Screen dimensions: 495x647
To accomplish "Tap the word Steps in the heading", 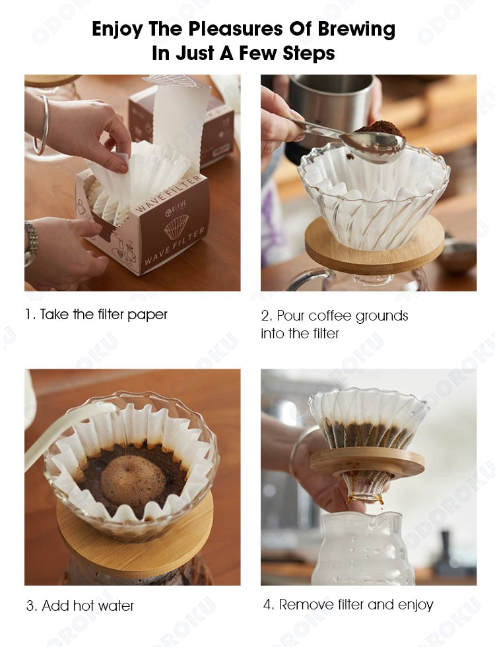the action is (x=309, y=53).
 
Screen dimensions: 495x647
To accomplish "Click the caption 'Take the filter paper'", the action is (x=104, y=315).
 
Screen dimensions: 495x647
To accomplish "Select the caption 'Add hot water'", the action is (x=88, y=605).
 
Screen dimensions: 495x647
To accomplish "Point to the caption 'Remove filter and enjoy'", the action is (x=356, y=605).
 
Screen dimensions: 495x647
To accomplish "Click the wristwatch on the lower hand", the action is (x=30, y=243).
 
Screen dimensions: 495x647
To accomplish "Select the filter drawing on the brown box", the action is (x=176, y=226).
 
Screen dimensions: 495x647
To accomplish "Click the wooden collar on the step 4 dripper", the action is (x=368, y=462).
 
